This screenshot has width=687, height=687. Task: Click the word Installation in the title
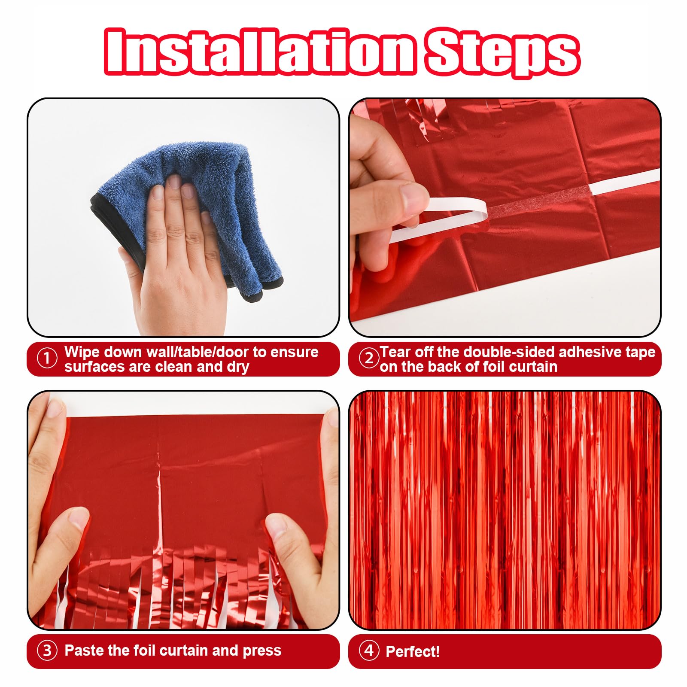pos(260,52)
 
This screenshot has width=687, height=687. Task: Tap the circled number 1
pos(47,359)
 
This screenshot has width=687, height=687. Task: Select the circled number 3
pos(47,651)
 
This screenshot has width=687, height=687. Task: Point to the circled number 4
pos(369,651)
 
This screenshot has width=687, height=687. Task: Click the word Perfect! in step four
pos(413,651)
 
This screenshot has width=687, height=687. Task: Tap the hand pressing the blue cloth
pos(180,258)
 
